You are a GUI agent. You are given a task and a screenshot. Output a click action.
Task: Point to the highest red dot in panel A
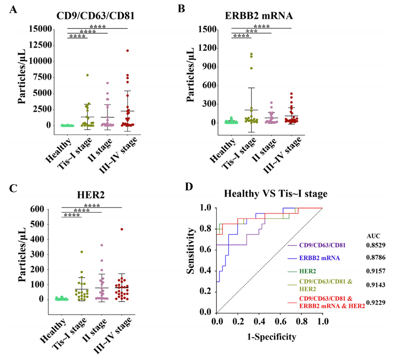(128, 51)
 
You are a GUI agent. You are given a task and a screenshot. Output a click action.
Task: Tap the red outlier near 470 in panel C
(122, 229)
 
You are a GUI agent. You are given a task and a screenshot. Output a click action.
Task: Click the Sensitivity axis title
(192, 251)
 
